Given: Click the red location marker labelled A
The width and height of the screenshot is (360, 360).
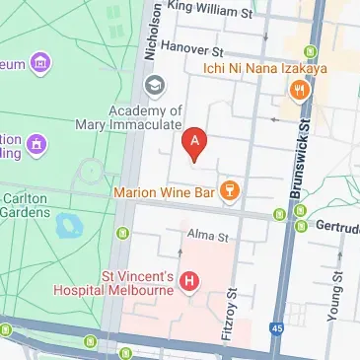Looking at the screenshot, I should [x=195, y=145].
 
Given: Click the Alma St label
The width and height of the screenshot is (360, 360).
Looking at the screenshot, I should [x=208, y=237].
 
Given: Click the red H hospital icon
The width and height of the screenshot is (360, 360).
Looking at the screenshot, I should [x=190, y=282].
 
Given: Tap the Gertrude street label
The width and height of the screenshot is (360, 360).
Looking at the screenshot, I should [x=337, y=225].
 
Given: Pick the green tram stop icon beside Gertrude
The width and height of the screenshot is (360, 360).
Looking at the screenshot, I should [x=299, y=213].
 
